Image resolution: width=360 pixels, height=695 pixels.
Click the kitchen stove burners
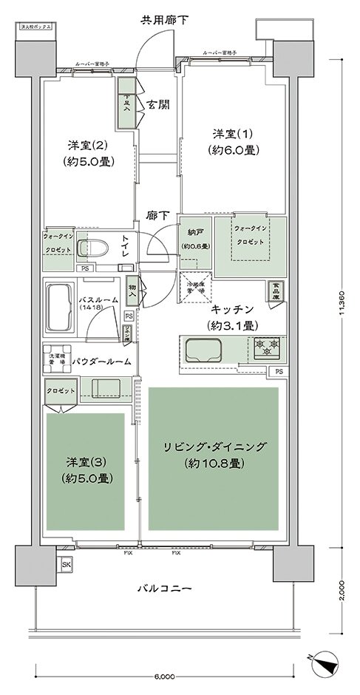(266, 345)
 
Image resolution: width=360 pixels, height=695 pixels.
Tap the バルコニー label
(165, 589)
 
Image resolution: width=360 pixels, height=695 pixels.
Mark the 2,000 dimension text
(341, 589)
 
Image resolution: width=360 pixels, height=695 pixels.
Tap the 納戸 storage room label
(196, 237)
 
